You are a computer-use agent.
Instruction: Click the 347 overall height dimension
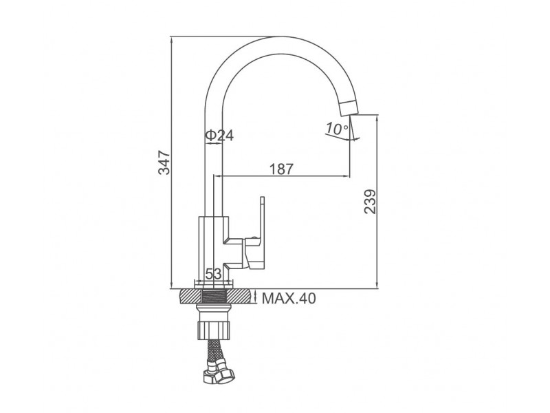(x=164, y=162)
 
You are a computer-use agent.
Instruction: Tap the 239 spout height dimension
(x=370, y=202)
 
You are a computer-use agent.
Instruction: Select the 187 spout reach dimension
(x=281, y=169)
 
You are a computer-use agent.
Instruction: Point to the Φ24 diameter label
(x=219, y=135)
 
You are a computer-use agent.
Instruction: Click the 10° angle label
(x=336, y=129)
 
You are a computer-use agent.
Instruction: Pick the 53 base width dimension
(x=213, y=273)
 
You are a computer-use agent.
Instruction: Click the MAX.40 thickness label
(x=289, y=299)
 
